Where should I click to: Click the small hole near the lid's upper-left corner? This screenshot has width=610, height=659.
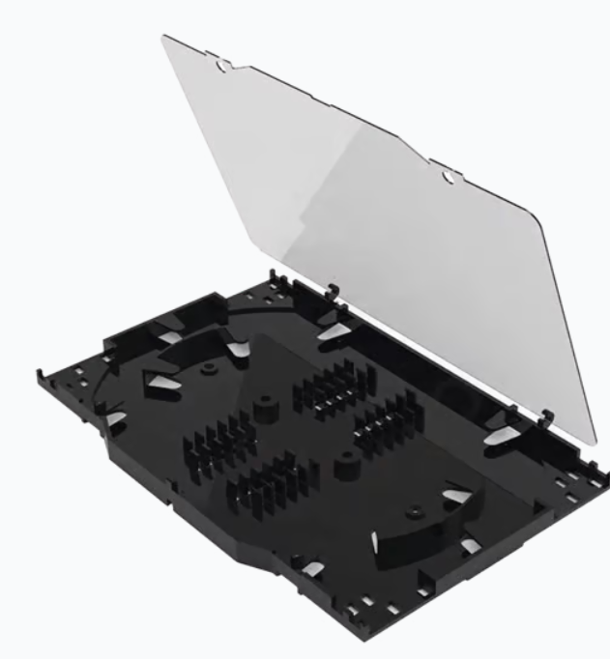223,67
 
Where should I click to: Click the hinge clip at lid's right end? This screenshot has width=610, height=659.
545,417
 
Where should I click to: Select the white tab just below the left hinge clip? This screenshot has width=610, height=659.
334,331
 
